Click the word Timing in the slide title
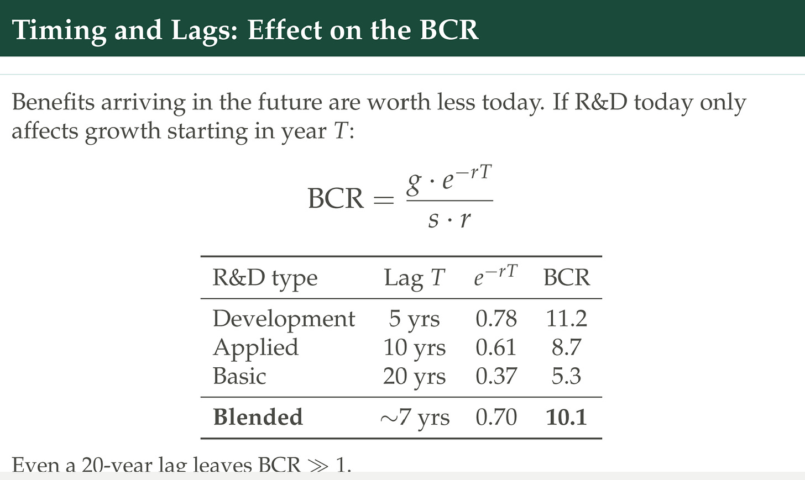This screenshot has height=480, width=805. click(x=59, y=31)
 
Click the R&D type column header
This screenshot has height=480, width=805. click(x=265, y=278)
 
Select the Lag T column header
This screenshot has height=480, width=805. click(x=414, y=278)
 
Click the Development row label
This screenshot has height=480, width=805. click(x=284, y=319)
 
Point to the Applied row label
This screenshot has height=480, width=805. click(x=255, y=348)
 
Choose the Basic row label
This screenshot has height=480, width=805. click(x=239, y=376)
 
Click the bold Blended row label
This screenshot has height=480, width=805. click(x=258, y=417)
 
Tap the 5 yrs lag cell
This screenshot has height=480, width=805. click(x=414, y=319)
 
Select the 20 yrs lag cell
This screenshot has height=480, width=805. click(x=414, y=377)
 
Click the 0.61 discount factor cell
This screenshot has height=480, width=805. click(x=496, y=347)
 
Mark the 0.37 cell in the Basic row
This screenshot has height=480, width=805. click(x=496, y=376)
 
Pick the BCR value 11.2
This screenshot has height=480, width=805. click(x=566, y=319)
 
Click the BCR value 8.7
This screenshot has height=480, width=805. click(x=566, y=347)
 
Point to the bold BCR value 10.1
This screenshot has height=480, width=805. click(x=566, y=417)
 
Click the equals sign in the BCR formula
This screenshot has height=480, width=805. click(x=384, y=200)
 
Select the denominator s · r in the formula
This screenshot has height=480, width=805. click(x=449, y=219)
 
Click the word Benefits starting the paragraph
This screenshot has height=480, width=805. click(x=53, y=102)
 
